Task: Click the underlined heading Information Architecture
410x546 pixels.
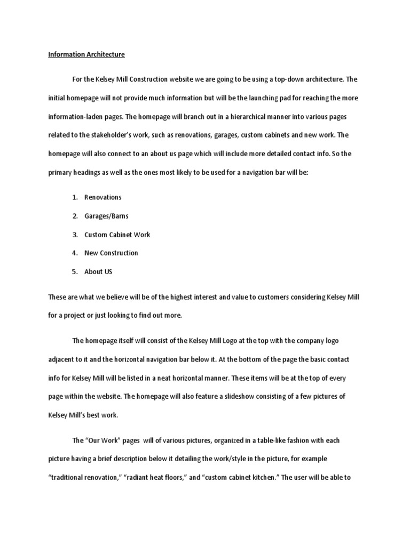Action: coord(86,54)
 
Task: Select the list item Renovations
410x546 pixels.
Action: coord(102,197)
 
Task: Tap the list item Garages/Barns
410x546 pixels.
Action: coord(106,216)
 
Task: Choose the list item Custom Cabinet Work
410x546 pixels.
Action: coord(117,235)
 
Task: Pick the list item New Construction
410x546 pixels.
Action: coord(111,253)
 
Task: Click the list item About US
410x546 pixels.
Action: coord(98,271)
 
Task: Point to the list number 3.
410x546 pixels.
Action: coord(75,235)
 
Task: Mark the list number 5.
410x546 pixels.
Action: coord(75,271)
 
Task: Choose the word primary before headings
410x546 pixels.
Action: coord(61,172)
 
